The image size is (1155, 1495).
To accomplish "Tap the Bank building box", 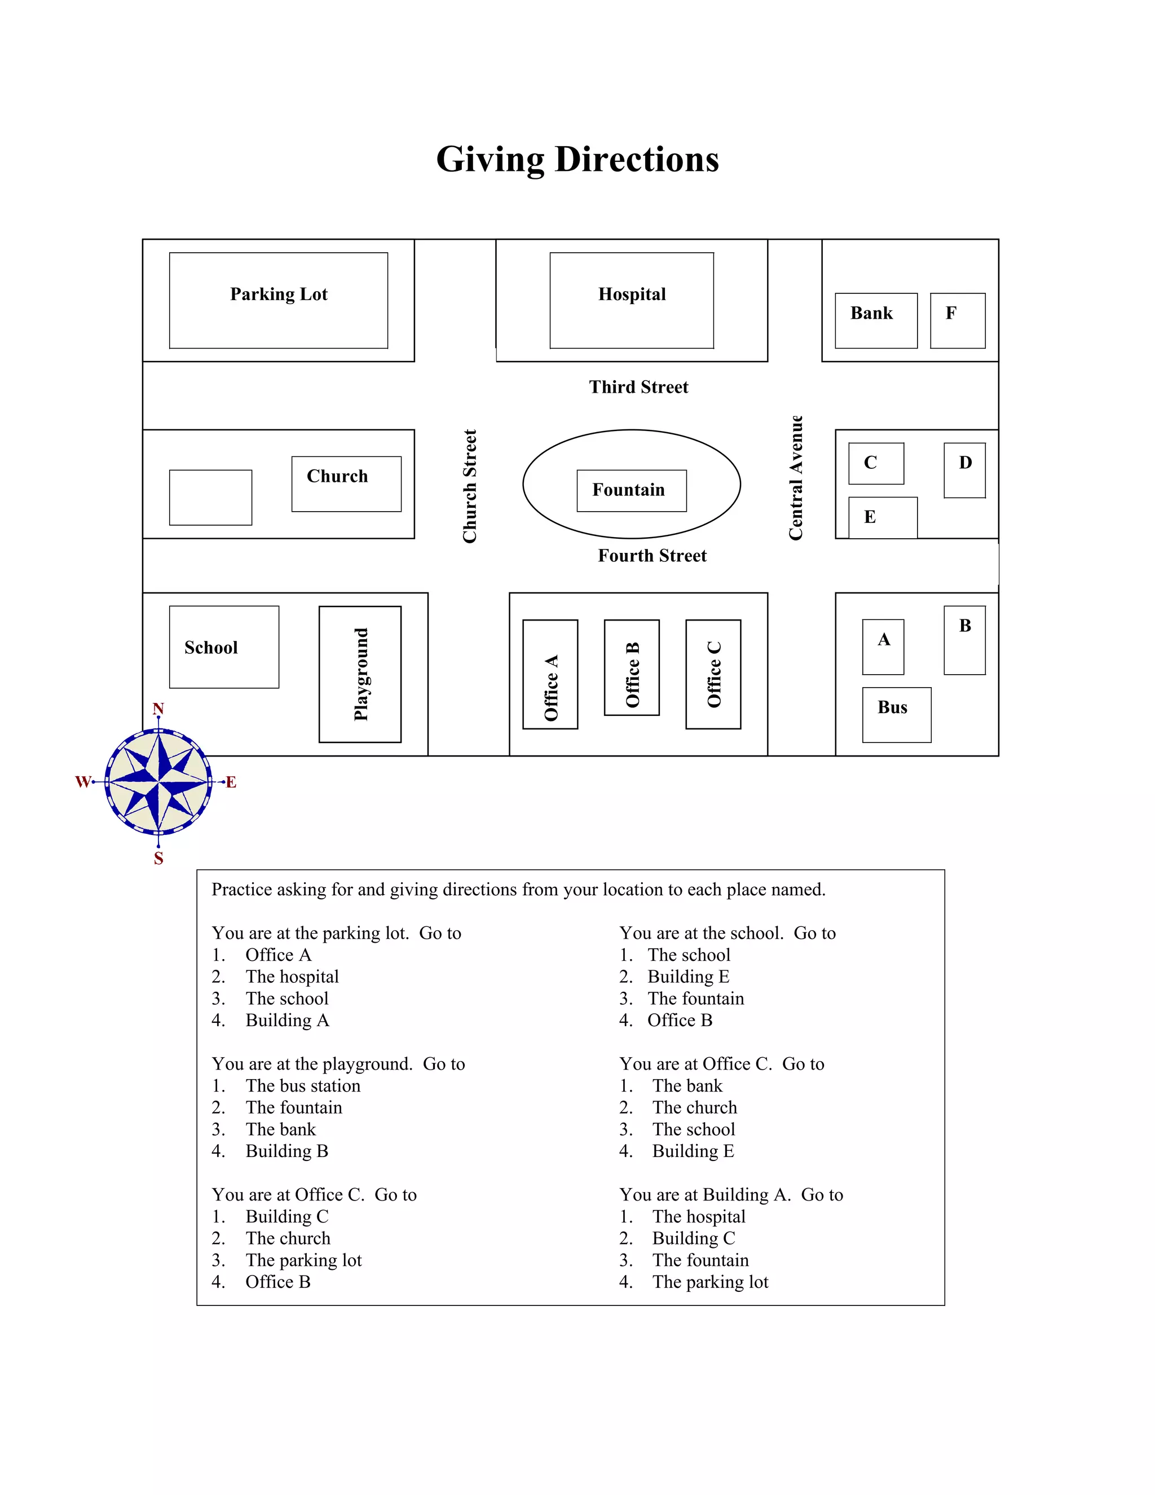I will click(876, 320).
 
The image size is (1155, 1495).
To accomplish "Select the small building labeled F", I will click(957, 320).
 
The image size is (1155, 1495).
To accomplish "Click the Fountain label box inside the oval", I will click(632, 490).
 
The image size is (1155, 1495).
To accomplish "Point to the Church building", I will click(346, 483).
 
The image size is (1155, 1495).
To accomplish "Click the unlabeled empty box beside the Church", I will click(210, 497).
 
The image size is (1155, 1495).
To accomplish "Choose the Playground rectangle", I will click(360, 674).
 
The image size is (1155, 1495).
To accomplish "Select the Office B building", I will click(632, 667).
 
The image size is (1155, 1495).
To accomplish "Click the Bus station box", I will click(896, 714).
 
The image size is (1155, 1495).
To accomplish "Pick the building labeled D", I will click(964, 469).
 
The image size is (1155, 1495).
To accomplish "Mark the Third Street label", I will click(638, 388).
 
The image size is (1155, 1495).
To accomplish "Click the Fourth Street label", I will click(652, 556).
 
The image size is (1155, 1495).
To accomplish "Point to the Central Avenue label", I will click(795, 478).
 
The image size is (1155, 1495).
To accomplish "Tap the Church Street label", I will click(469, 486).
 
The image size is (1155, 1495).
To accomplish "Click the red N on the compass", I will click(158, 709).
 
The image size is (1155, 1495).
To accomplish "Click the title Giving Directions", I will click(577, 160).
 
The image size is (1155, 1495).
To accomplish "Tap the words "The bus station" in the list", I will click(302, 1085).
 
